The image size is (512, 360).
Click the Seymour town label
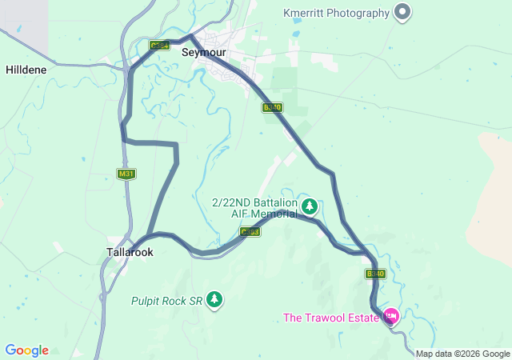coord(204,52)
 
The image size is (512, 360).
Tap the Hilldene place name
coord(26,70)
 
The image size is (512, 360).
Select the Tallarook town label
coord(130,251)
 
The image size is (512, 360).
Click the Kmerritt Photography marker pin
coord(403,12)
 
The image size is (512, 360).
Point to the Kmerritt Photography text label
coord(337,13)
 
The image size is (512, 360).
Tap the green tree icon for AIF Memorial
coord(310,207)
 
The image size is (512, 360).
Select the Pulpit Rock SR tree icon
coord(214,300)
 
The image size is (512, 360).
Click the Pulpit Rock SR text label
coord(166,302)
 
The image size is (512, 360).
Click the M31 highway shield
coord(125,174)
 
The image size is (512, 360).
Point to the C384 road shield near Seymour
coord(160,46)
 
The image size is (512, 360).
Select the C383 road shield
coord(250,232)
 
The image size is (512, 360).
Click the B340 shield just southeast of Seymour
coord(272,106)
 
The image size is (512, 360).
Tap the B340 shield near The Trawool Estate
coord(376,274)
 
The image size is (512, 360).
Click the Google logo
coord(27,350)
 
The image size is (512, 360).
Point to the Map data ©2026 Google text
coord(462,354)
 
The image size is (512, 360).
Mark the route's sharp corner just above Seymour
coord(190,36)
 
